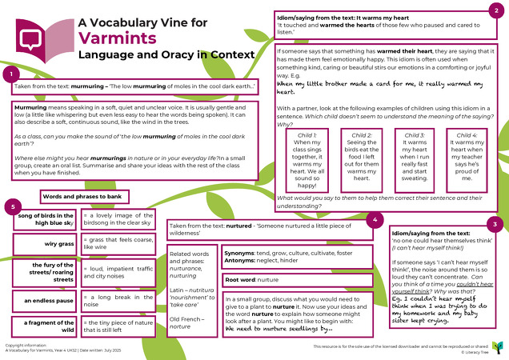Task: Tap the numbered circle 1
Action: tap(10, 74)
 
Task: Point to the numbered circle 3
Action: tap(496, 201)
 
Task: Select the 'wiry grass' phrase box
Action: tap(46, 243)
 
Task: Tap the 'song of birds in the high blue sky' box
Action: tap(46, 220)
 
